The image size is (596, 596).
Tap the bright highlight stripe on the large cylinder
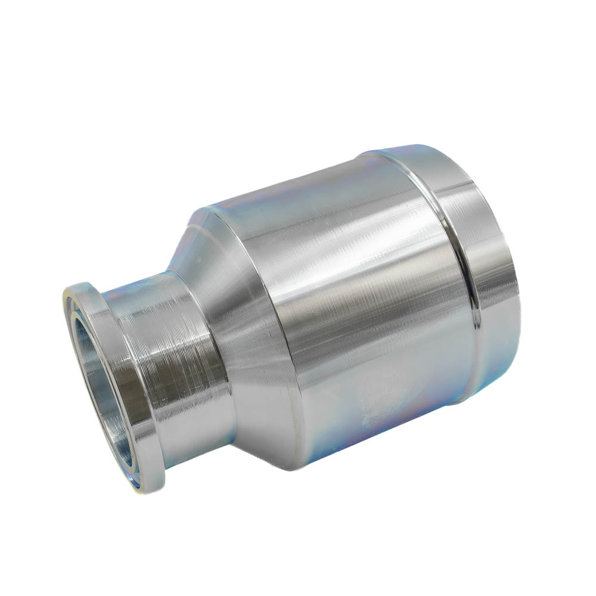pos(334,286)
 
